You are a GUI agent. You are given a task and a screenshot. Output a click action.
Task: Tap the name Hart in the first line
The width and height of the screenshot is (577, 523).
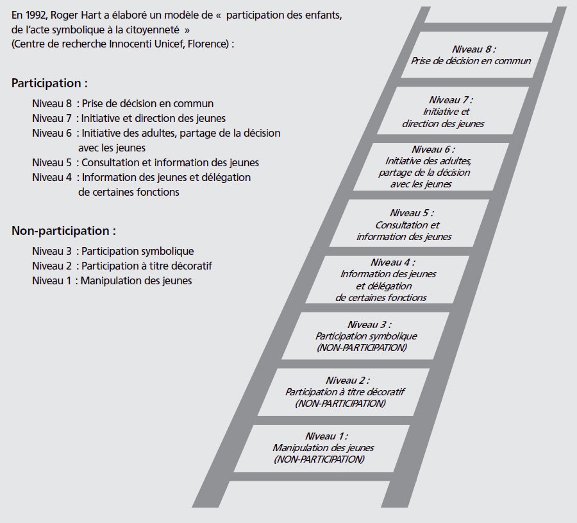[x=88, y=15]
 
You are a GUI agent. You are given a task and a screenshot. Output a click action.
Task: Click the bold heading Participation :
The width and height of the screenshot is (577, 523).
[x=49, y=83]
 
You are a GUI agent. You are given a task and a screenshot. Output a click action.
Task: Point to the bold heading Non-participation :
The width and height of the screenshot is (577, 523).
[x=63, y=230]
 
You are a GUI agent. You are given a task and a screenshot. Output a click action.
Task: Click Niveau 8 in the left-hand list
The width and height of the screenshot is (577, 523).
[x=52, y=103]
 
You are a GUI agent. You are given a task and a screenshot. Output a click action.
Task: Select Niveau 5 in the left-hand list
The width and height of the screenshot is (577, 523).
[x=52, y=162]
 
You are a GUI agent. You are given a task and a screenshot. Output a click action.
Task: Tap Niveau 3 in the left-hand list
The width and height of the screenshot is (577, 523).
[x=52, y=251]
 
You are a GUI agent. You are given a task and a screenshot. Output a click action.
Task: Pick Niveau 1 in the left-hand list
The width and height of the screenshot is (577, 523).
[x=51, y=280]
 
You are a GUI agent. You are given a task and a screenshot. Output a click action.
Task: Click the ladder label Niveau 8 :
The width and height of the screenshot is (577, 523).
[x=474, y=49]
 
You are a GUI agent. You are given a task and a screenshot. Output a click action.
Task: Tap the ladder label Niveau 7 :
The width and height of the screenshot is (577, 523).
[x=451, y=100]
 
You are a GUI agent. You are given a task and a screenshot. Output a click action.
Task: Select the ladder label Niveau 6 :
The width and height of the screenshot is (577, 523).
[x=433, y=150]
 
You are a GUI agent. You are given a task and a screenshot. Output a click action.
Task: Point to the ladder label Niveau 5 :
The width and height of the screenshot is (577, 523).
[x=412, y=213]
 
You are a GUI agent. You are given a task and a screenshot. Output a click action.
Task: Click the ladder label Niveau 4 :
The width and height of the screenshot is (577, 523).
[x=392, y=262]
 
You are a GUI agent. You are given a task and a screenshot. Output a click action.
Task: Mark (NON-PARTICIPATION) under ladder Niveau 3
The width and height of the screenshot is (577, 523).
[x=362, y=348]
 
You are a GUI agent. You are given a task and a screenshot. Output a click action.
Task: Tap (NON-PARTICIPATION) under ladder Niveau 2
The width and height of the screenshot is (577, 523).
[x=340, y=404]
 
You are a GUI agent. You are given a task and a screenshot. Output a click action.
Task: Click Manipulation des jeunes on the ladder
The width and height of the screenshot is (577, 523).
[x=323, y=448]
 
